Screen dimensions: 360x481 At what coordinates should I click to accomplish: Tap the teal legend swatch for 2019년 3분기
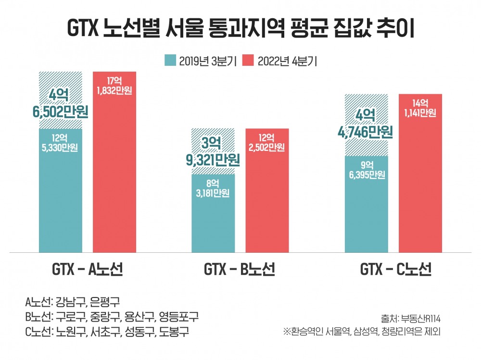pos(170,61)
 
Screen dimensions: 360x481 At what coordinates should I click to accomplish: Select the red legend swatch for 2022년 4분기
pos(248,61)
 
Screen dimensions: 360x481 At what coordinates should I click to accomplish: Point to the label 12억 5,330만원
pos(61,142)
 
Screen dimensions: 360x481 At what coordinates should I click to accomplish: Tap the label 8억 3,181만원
pos(213,189)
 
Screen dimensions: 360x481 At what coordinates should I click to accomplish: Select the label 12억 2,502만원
pos(267,142)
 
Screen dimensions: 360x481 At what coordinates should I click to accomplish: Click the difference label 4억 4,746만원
pos(367,123)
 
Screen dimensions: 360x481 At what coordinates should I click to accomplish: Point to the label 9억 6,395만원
pos(367,170)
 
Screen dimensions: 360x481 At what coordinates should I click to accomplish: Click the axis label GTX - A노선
pos(88,270)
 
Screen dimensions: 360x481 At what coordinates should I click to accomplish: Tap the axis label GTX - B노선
pos(240,270)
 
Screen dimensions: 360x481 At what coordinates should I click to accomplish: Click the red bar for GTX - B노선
pos(267,202)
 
